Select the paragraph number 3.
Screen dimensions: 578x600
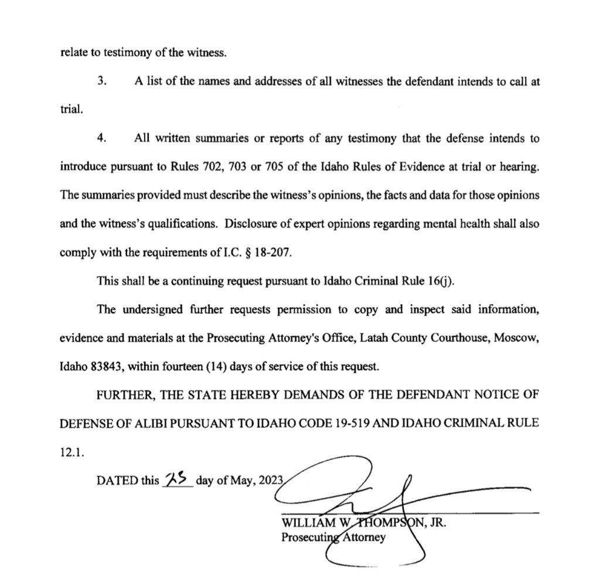tap(101, 81)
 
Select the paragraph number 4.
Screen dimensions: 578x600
tap(101, 139)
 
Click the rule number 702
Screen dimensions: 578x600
tap(232, 166)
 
